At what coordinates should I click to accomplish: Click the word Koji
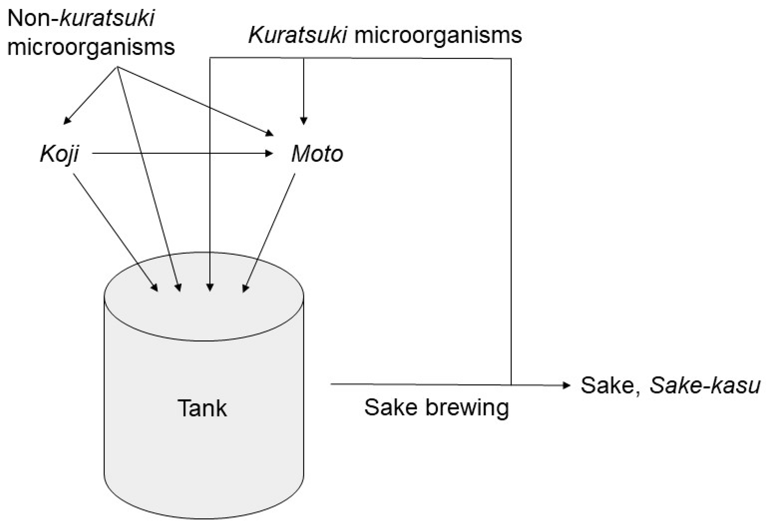coord(59,154)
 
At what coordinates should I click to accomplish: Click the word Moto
coord(317,154)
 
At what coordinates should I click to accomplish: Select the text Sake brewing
coord(436,407)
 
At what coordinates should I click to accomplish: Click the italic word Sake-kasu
coord(705,385)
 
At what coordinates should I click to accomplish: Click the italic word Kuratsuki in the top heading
coord(297,35)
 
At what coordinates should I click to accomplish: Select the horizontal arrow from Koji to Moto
coord(182,153)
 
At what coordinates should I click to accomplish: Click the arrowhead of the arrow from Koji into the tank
coord(155,288)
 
